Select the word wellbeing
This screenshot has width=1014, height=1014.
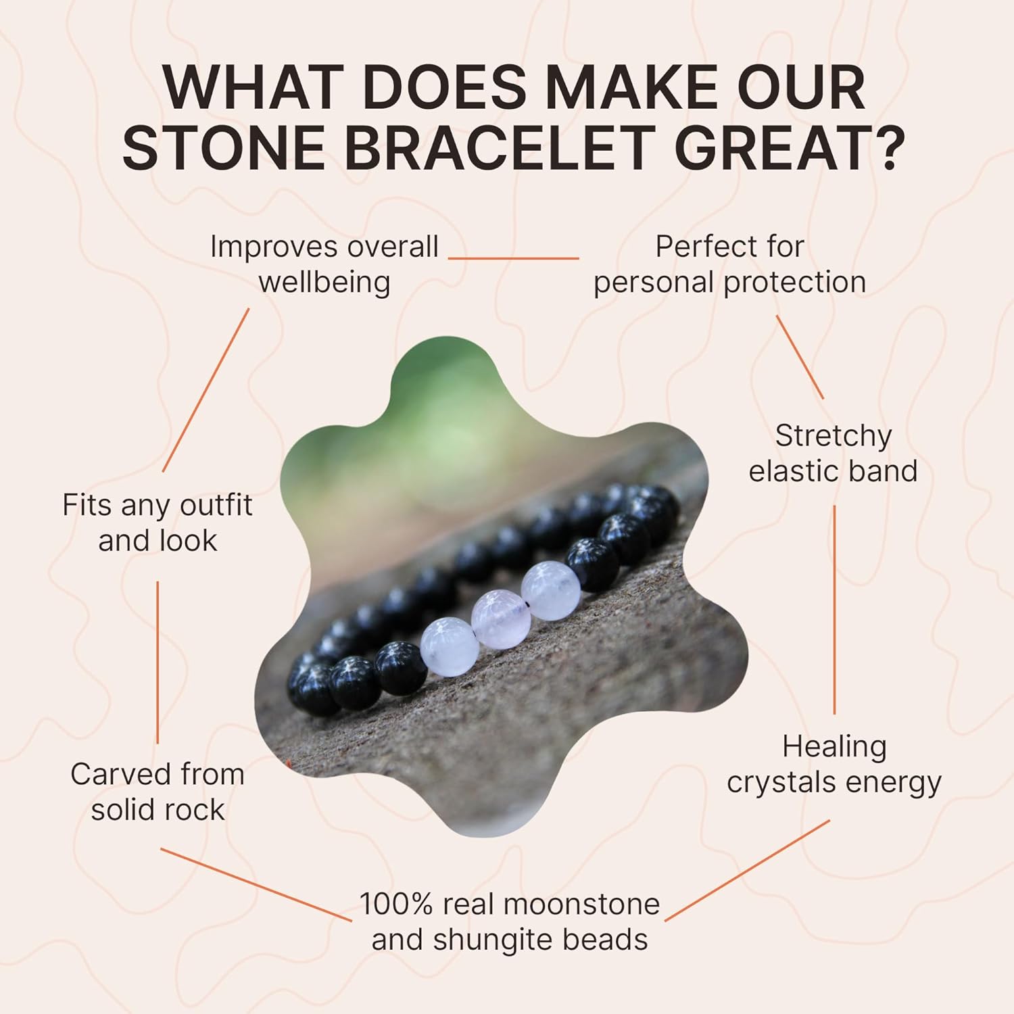point(324,283)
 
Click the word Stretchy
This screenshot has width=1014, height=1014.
point(833,436)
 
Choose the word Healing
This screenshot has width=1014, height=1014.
point(834,747)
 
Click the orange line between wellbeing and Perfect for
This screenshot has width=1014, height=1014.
point(514,258)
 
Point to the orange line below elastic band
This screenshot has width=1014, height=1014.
point(834,608)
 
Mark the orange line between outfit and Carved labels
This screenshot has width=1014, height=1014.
point(158,662)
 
